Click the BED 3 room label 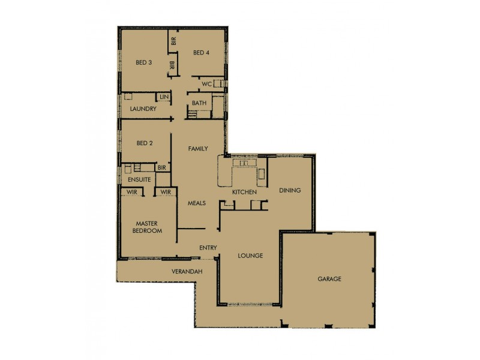click(x=143, y=62)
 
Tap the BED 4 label click(x=201, y=53)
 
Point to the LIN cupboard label click(x=163, y=97)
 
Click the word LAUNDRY click(x=143, y=109)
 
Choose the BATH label click(x=199, y=104)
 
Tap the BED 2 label click(x=145, y=143)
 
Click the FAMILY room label click(x=198, y=148)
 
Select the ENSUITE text click(x=139, y=179)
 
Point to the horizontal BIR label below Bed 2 click(x=161, y=168)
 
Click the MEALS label click(x=196, y=203)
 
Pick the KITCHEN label click(x=244, y=192)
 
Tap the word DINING click(x=290, y=190)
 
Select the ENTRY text click(x=208, y=248)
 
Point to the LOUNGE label click(x=250, y=256)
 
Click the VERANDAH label click(x=186, y=272)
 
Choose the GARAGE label click(x=329, y=280)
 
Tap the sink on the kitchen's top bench click(x=245, y=163)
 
